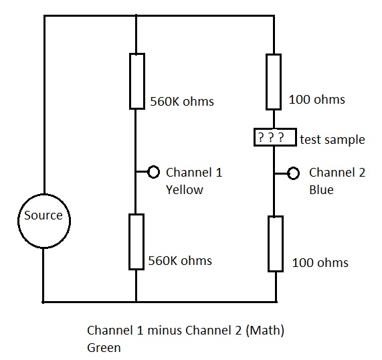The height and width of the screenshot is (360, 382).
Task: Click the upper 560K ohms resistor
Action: (x=130, y=81)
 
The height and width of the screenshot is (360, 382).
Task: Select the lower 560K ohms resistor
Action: (x=129, y=242)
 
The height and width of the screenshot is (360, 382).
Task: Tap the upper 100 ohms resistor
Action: (x=266, y=82)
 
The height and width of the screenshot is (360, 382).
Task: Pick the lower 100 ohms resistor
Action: (x=268, y=244)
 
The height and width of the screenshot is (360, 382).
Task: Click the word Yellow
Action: (x=185, y=190)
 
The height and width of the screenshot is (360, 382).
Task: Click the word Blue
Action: (x=321, y=190)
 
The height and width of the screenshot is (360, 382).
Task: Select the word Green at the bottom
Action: (x=104, y=348)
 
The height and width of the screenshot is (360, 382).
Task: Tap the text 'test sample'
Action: (x=332, y=140)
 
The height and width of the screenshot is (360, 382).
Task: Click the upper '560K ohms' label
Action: (x=182, y=102)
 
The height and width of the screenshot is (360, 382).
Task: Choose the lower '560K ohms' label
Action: (x=180, y=261)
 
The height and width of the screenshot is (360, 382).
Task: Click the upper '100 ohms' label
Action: (x=316, y=100)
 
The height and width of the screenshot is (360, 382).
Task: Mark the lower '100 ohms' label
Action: (x=320, y=263)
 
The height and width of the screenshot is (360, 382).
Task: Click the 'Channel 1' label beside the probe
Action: (x=194, y=173)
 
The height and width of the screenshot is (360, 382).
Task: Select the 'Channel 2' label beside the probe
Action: (x=337, y=173)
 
